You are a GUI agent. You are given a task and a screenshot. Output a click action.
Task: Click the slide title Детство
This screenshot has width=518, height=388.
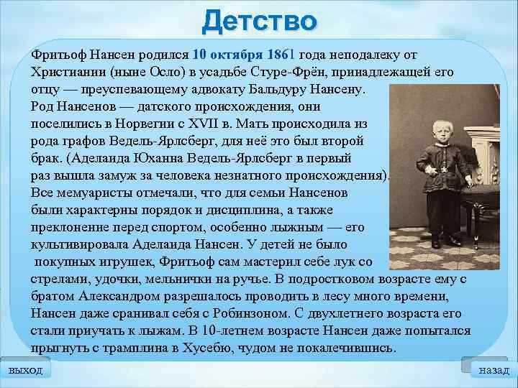pyautogui.click(x=259, y=22)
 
